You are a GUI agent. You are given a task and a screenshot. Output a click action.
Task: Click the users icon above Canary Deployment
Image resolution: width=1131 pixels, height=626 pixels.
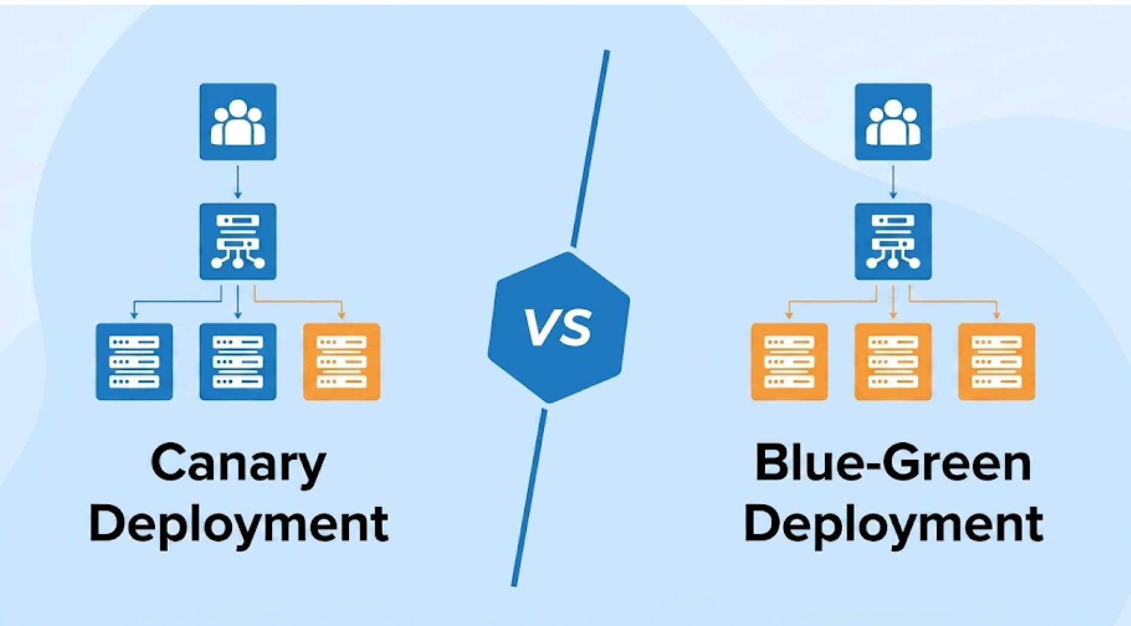coord(238,122)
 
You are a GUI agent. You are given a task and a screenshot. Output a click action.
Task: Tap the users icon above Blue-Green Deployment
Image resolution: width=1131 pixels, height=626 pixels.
coord(893,122)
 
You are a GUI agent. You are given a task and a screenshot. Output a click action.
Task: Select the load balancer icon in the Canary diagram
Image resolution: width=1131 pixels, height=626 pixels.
coord(238,241)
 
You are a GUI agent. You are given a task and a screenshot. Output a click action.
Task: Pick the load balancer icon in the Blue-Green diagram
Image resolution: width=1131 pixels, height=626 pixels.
coord(893,241)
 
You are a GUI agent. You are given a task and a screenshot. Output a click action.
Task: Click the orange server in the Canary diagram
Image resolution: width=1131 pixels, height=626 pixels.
coord(342,362)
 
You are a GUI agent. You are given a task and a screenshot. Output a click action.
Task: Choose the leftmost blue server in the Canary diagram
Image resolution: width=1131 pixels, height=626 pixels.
coord(134,362)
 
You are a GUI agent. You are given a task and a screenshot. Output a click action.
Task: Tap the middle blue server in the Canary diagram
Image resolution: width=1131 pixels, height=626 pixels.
coord(238,362)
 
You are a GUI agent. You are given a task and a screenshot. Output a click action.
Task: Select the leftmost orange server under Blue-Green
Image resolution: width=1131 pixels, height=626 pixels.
coord(789,362)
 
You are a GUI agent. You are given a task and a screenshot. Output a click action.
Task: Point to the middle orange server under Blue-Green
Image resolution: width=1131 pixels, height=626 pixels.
coord(893,362)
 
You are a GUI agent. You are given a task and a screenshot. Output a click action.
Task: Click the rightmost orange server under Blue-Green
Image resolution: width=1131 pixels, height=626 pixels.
coord(997,362)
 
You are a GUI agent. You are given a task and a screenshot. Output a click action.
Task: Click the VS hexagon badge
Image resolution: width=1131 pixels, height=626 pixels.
coord(559,327)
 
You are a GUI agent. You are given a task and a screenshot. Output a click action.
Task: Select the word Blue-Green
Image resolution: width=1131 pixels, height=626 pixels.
coord(893,463)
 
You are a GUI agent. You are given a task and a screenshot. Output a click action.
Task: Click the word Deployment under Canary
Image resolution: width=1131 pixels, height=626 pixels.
coord(239,525)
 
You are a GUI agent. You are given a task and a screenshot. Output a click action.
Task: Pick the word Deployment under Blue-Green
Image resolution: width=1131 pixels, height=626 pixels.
coord(893,525)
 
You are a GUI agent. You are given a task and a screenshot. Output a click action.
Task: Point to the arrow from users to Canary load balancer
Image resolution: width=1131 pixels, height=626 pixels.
coord(238,182)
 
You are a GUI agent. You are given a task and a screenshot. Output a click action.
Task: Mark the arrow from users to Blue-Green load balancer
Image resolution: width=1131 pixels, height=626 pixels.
coord(893,182)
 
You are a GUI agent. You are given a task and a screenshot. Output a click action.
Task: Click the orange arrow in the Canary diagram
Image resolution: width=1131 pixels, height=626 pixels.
coord(298,302)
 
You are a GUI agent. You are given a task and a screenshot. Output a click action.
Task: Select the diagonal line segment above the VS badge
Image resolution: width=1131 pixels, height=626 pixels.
coord(590,148)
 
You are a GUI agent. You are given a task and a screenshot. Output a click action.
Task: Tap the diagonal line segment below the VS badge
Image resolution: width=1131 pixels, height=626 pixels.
coord(529,498)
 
